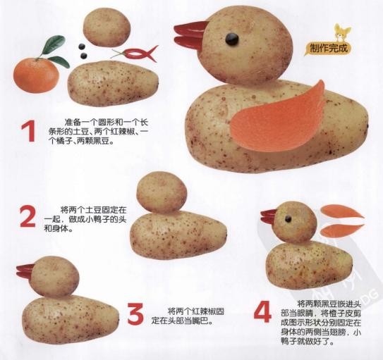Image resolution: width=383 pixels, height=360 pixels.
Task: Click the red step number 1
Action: click(29, 131)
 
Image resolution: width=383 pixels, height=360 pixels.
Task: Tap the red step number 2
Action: click(28, 216)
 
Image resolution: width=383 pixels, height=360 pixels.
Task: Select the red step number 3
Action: click(135, 314)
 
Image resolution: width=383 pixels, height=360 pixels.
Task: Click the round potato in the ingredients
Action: click(107, 27)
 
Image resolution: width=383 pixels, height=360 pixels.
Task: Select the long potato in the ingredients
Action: click(113, 83)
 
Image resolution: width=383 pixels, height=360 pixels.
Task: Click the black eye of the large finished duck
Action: click(232, 39)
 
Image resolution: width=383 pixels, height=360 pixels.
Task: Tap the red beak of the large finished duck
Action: click(190, 35)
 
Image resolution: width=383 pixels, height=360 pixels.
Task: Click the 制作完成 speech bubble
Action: click(328, 49)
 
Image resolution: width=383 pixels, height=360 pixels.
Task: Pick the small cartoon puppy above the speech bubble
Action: click(343, 32)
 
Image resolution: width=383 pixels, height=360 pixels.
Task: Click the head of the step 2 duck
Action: click(162, 192)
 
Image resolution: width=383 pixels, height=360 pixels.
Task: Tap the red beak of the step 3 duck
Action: click(26, 271)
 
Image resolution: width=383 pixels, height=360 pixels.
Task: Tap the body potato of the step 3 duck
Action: click(71, 319)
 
